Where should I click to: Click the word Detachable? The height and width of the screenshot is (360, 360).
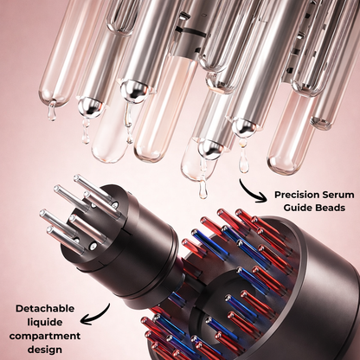pyautogui.click(x=45, y=308)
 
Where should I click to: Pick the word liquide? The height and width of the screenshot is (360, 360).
pyautogui.click(x=45, y=322)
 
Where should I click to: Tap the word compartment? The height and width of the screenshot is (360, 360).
pyautogui.click(x=45, y=336)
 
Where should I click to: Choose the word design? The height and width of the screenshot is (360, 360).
pyautogui.click(x=45, y=350)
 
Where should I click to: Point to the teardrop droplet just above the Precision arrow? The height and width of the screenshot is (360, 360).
pyautogui.click(x=243, y=164)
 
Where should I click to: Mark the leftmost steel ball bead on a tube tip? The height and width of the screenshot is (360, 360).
pyautogui.click(x=87, y=106)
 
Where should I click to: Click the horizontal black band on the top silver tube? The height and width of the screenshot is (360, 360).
pyautogui.click(x=191, y=31)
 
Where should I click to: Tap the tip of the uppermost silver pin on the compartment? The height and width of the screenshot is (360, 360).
pyautogui.click(x=76, y=178)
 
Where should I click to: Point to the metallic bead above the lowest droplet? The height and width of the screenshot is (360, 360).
pyautogui.click(x=209, y=148)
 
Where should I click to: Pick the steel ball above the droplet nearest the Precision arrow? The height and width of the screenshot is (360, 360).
pyautogui.click(x=243, y=126)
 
